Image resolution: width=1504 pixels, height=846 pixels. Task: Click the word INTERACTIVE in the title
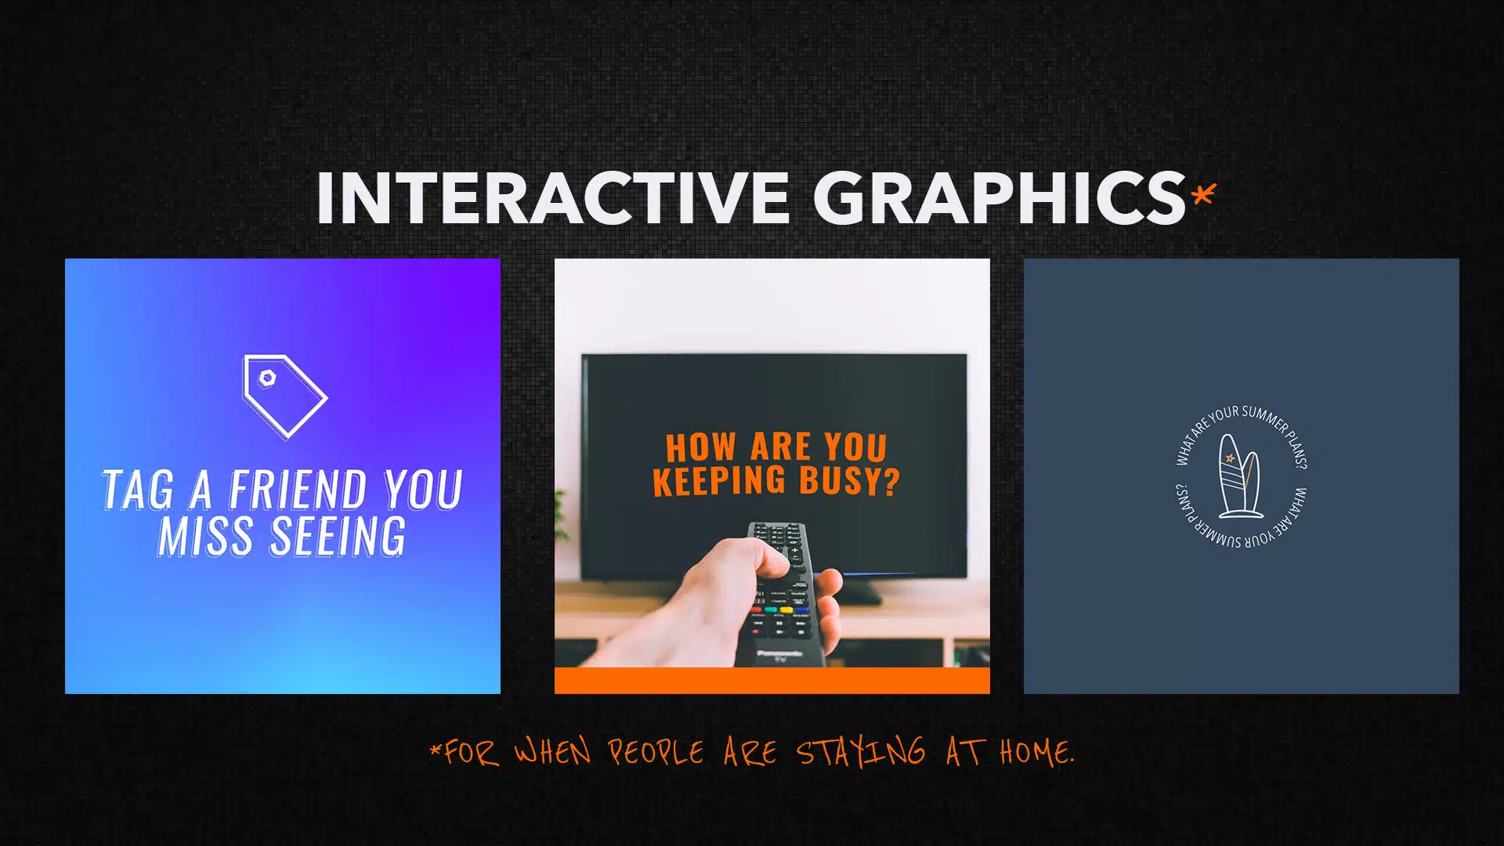click(553, 198)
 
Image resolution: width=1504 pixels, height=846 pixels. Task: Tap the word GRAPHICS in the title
click(1000, 198)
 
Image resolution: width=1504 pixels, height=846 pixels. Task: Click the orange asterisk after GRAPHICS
click(1204, 194)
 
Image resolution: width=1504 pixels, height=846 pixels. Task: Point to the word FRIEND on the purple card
click(297, 490)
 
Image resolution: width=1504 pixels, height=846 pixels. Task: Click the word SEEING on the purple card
click(338, 537)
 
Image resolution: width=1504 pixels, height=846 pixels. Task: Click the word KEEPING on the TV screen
click(719, 479)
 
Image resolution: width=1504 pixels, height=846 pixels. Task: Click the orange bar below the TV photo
click(772, 681)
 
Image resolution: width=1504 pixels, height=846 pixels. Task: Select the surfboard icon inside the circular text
click(1240, 476)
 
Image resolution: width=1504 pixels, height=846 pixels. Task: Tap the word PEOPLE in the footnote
click(656, 753)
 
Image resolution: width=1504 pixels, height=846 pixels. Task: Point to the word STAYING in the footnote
click(860, 753)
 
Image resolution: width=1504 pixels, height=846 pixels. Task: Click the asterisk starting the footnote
click(436, 750)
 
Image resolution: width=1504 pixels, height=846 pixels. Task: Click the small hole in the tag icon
click(267, 378)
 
